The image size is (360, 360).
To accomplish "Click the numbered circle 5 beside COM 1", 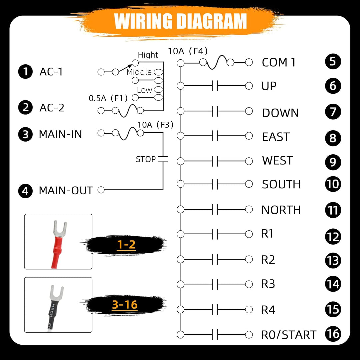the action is [333, 62].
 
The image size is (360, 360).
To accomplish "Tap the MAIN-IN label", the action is [60, 134].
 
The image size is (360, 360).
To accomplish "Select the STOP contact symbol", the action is [163, 159].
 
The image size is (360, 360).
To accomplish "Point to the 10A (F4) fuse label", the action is [188, 51].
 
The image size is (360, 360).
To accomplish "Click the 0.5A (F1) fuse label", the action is [108, 98].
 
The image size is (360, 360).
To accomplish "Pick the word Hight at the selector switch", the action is [148, 55].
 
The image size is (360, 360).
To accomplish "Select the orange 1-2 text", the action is [126, 245].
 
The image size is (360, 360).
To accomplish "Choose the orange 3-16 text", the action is [125, 305].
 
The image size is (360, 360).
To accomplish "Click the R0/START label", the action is [289, 335].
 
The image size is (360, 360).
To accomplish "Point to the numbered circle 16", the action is [333, 334].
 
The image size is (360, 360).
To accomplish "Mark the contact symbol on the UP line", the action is [215, 86].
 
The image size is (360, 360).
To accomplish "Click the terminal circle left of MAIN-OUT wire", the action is [101, 190].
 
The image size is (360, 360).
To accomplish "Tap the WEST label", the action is [277, 160].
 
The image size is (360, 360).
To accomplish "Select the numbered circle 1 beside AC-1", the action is [25, 71].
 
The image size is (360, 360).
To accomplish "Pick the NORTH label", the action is [281, 210].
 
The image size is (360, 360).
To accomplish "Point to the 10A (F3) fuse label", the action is [155, 125].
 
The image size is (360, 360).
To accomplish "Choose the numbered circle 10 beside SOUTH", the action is [333, 184].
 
